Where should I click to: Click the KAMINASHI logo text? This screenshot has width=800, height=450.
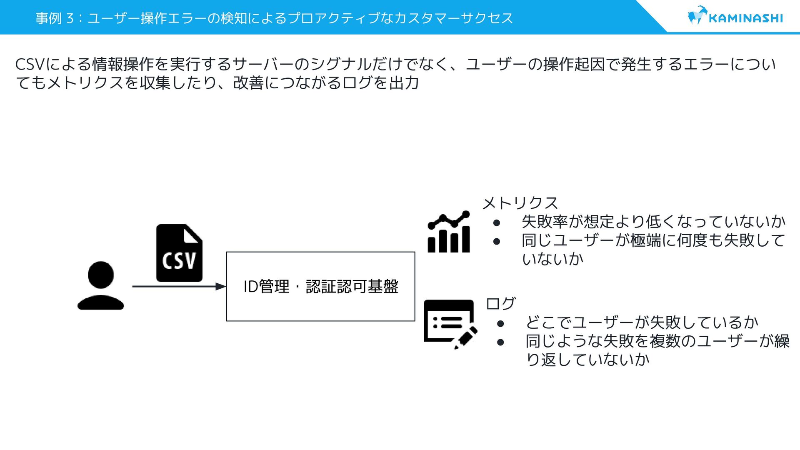[x=745, y=18]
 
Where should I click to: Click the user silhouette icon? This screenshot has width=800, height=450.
[x=101, y=286]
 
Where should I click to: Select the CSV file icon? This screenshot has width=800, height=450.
[x=179, y=253]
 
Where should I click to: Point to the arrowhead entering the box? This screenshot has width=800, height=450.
[x=221, y=287]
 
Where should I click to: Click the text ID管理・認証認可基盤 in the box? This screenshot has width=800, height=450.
[x=320, y=287]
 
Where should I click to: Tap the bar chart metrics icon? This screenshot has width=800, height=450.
[x=449, y=232]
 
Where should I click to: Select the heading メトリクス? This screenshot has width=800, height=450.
[x=520, y=203]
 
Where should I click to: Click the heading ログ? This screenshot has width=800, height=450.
[x=501, y=303]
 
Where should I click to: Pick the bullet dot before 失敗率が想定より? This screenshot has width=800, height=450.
[x=496, y=223]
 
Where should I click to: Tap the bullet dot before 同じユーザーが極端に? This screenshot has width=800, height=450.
[x=496, y=241]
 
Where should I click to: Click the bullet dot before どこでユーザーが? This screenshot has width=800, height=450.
[x=500, y=324]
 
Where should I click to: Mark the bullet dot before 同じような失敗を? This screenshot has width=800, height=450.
[x=500, y=342]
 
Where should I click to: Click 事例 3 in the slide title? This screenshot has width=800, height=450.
[x=55, y=18]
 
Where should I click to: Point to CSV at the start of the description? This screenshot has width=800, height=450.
[x=29, y=65]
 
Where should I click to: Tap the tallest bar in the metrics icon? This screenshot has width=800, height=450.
[x=465, y=239]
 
